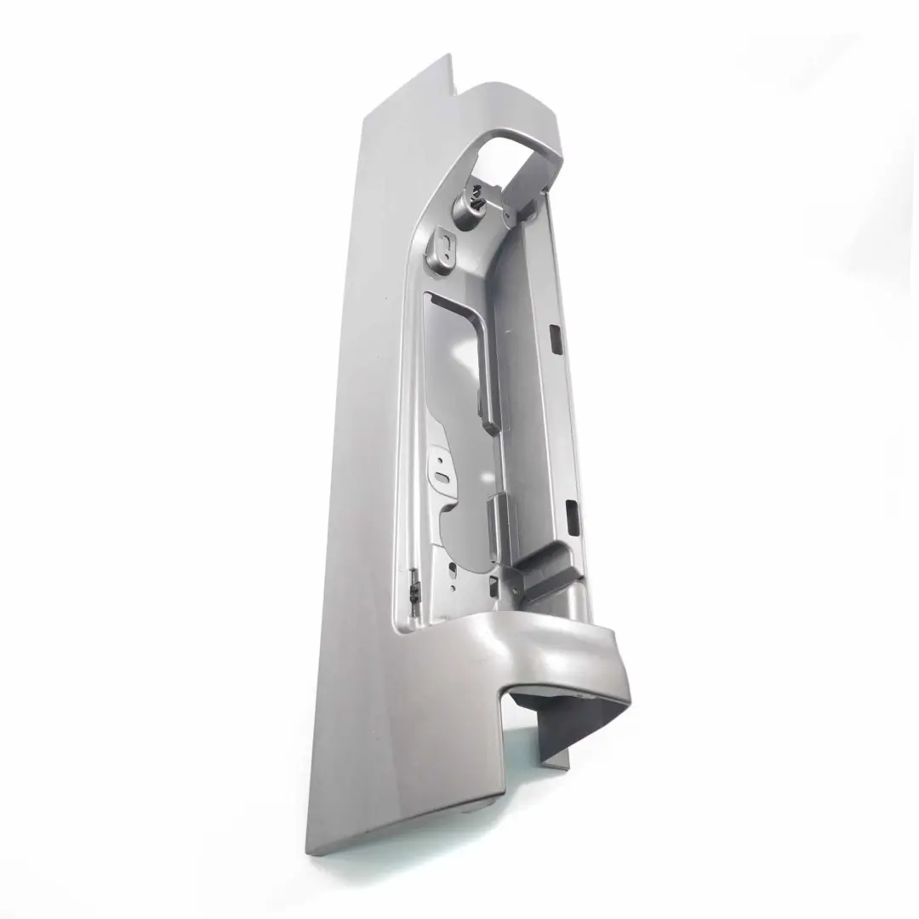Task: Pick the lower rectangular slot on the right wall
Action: pyautogui.click(x=571, y=511)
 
